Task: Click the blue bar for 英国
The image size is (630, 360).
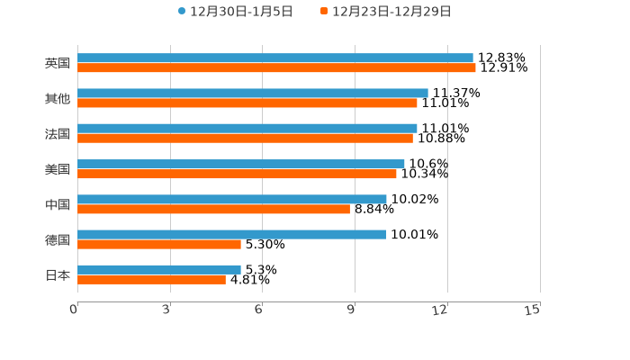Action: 275,58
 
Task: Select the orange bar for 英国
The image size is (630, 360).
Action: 276,67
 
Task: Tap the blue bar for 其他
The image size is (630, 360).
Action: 253,93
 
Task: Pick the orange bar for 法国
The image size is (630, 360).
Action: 245,138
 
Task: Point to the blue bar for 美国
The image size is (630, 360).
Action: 241,164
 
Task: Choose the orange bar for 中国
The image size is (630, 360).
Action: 213,209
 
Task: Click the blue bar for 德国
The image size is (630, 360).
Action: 232,234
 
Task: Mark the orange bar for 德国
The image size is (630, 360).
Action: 159,244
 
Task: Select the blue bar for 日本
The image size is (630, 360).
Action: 159,269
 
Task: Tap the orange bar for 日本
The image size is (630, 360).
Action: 151,279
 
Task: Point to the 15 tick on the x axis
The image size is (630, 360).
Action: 533,310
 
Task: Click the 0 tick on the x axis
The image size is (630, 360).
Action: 74,310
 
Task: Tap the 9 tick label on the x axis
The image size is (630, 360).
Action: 352,310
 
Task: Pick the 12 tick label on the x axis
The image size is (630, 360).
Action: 440,310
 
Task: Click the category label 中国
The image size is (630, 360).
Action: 58,204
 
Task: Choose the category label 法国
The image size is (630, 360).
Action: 58,133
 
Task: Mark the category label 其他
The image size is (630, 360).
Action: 58,98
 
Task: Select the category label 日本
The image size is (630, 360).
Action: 58,274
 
